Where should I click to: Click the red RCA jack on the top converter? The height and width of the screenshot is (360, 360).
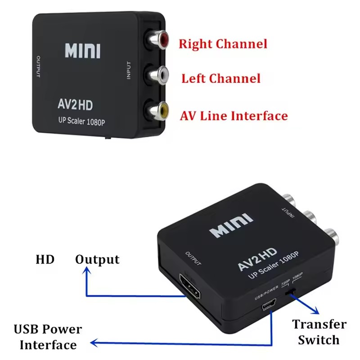click(x=159, y=41)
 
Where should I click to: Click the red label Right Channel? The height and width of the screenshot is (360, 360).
click(x=223, y=44)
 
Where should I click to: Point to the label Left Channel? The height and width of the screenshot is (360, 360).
click(x=220, y=79)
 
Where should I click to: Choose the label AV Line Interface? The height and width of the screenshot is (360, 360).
click(x=234, y=116)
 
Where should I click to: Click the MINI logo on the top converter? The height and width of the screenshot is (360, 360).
click(x=82, y=51)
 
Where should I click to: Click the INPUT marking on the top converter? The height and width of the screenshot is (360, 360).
click(x=129, y=71)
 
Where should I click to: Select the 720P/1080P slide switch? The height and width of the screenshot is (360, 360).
click(x=292, y=293)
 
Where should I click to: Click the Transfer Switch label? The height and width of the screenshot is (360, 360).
click(x=319, y=332)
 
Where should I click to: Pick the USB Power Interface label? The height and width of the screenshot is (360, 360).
click(x=48, y=337)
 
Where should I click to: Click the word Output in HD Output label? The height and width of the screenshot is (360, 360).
click(x=97, y=260)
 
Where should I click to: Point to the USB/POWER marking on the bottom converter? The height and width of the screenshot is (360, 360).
click(x=264, y=296)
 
